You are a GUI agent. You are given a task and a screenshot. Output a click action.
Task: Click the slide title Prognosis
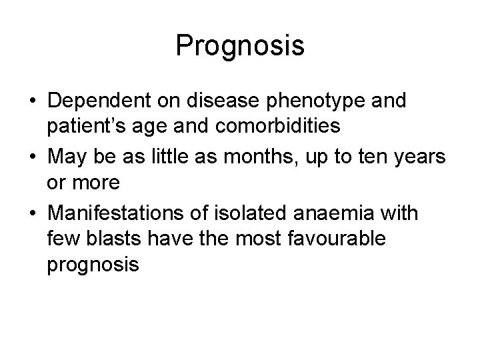(240, 46)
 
